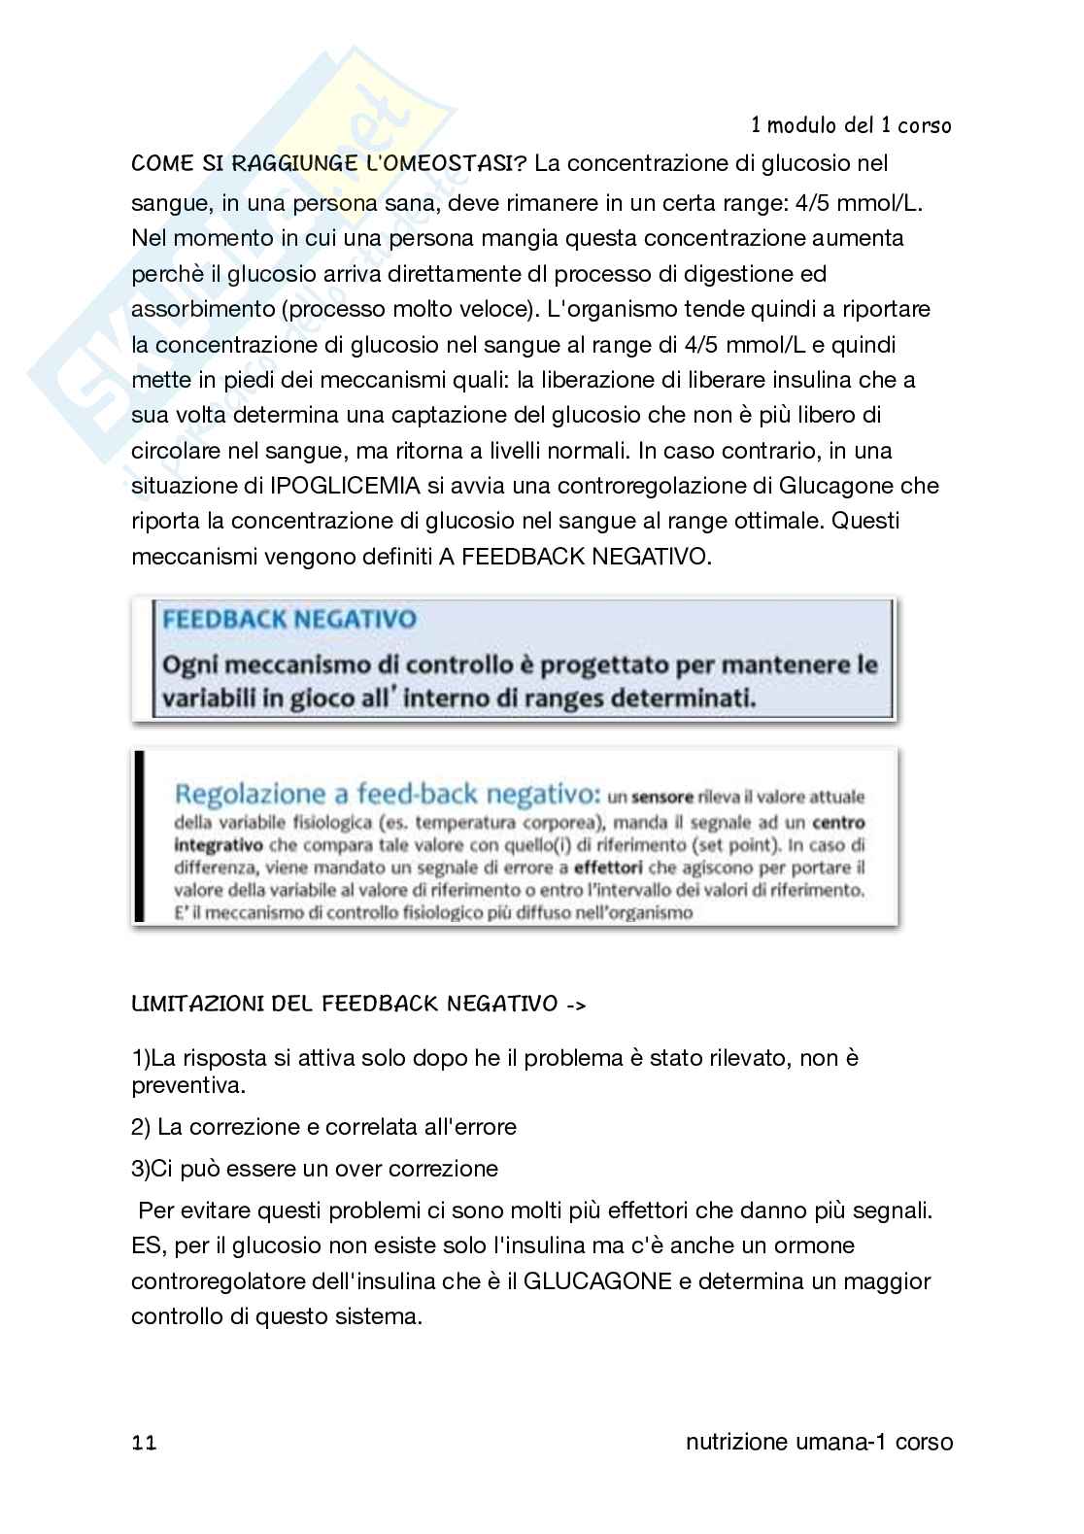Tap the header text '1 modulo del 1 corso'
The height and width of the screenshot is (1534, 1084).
tap(851, 126)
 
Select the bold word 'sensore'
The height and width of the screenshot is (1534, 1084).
tap(661, 799)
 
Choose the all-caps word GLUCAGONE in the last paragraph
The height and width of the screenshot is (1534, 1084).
tap(597, 1281)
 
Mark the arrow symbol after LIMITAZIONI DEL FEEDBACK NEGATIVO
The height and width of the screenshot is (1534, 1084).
tap(575, 1004)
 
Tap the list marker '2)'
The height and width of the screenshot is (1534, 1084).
tap(142, 1127)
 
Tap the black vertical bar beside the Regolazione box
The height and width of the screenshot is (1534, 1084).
tap(140, 836)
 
